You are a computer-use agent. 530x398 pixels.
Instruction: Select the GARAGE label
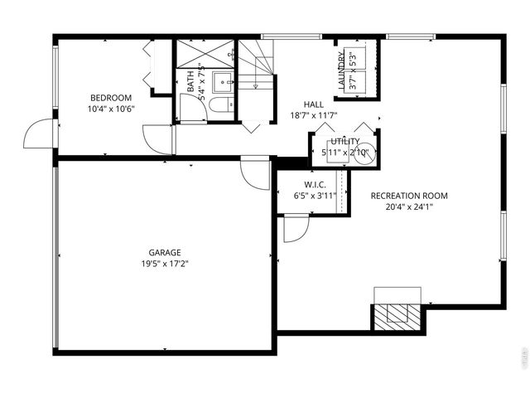pos(165,252)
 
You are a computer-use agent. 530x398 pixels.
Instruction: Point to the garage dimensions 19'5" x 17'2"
pos(165,264)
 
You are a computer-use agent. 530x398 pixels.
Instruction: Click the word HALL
pos(313,104)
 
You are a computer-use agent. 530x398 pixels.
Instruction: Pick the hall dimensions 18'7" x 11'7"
pos(313,115)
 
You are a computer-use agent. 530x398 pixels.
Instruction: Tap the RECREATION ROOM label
pos(409,196)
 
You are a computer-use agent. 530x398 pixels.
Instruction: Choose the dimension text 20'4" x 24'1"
pos(409,207)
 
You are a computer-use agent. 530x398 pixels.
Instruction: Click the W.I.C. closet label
pos(315,184)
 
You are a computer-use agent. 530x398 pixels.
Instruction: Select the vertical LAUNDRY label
pos(341,70)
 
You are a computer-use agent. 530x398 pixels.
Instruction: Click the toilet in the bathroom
pos(219,105)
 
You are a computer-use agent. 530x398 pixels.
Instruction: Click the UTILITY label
pos(345,142)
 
